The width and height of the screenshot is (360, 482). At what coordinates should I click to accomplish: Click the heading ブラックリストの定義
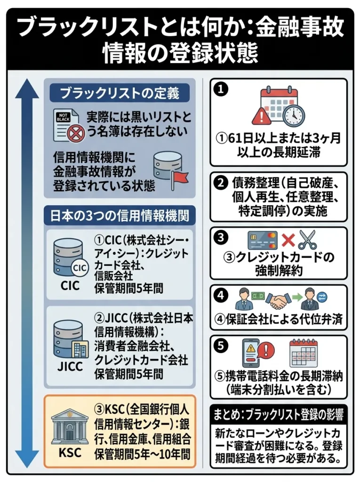pos(120,92)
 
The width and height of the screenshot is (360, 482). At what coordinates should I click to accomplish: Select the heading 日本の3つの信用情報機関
pos(120,216)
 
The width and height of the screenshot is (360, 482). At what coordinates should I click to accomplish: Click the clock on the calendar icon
pos(294,114)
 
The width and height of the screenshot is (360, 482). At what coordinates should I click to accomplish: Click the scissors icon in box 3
pos(308,240)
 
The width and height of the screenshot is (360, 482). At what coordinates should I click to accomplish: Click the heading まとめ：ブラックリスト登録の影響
pos(278,415)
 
